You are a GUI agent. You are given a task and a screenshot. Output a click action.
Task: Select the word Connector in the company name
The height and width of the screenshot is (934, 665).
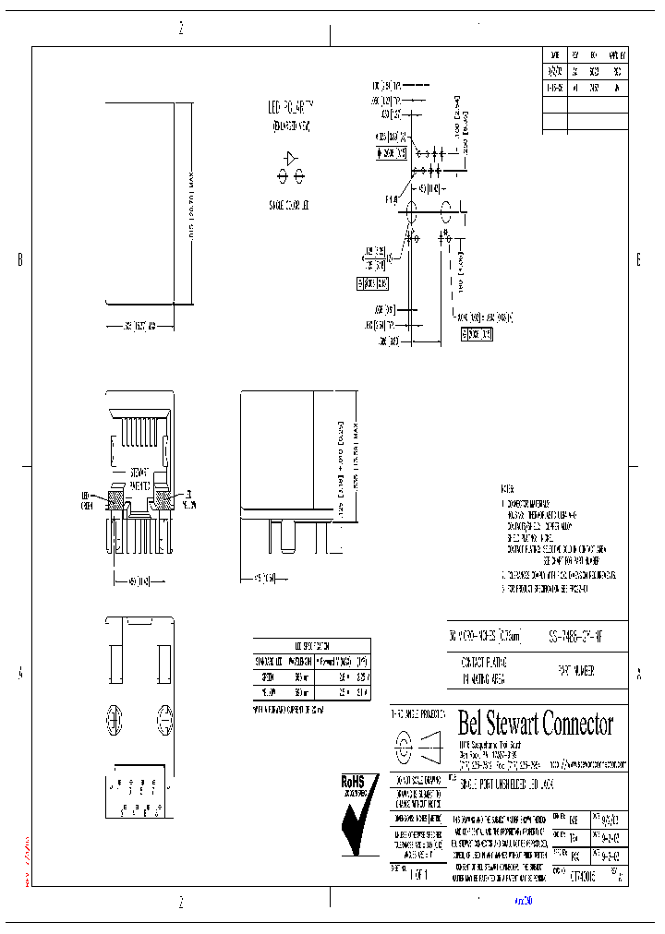579,724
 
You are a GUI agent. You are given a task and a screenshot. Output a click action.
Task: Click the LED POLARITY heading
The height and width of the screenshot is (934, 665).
291,107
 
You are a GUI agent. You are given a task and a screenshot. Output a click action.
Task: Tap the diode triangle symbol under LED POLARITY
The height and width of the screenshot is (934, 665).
291,159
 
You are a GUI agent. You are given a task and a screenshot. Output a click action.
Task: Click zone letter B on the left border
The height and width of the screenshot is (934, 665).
20,261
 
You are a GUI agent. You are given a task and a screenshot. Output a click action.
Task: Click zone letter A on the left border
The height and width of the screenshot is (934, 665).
20,674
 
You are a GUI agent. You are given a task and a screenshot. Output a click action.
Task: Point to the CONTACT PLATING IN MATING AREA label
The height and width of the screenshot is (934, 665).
486,671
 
